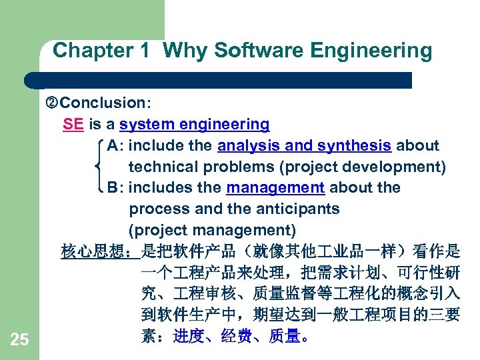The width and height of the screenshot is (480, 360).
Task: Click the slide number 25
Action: [19, 340]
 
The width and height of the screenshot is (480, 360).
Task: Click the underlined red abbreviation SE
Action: [73, 124]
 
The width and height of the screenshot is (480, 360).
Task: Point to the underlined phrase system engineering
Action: [194, 124]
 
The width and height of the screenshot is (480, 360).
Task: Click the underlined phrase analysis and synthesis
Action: [304, 145]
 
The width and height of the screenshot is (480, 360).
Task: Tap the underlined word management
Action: [275, 187]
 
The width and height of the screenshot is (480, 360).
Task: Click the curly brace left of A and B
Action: [99, 166]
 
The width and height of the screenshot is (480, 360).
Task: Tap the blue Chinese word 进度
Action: [189, 337]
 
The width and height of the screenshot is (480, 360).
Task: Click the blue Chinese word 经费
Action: [237, 337]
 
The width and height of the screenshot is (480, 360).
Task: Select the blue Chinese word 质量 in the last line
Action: [285, 337]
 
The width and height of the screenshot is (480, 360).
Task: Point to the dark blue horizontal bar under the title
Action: [220, 80]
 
